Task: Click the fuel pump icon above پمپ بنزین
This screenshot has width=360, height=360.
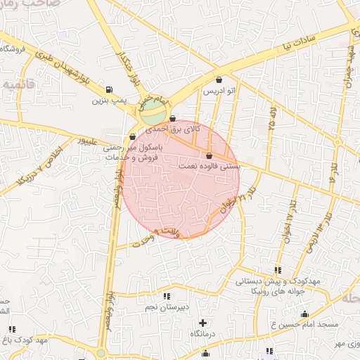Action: click(108, 89)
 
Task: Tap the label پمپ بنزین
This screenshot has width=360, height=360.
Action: click(108, 100)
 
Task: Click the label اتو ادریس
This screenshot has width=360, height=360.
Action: click(218, 91)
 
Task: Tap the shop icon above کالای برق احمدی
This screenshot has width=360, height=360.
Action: click(173, 120)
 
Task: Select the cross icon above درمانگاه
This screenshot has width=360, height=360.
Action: click(202, 322)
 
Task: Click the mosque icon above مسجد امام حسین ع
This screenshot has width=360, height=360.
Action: click(304, 314)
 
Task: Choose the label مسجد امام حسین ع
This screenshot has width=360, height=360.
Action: click(304, 324)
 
